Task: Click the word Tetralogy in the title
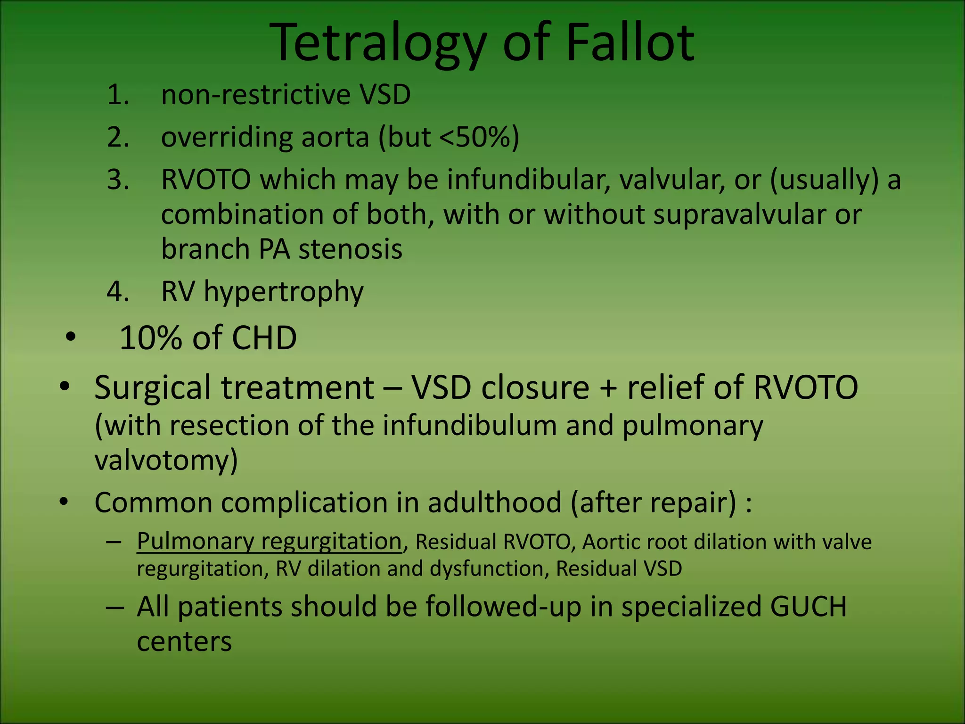[377, 43]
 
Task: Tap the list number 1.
[118, 95]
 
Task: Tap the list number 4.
[118, 292]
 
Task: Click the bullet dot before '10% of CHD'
[71, 337]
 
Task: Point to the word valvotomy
[166, 461]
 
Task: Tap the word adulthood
[494, 503]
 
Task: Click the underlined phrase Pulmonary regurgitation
[269, 542]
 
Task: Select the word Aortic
[608, 542]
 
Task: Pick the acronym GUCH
[808, 607]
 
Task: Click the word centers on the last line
[184, 642]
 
